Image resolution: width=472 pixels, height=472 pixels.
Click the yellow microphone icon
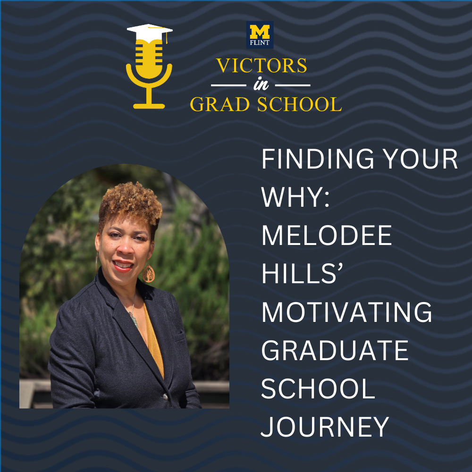pyautogui.click(x=149, y=71)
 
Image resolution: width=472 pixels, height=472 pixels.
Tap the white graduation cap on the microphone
pyautogui.click(x=150, y=32)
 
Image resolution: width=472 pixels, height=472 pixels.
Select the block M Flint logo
pyautogui.click(x=260, y=35)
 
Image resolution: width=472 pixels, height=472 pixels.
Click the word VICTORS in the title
pyautogui.click(x=261, y=66)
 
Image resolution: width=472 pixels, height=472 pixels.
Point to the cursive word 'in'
pyautogui.click(x=261, y=86)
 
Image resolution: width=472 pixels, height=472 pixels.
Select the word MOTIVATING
pyautogui.click(x=347, y=312)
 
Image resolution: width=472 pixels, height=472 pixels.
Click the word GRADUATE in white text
pyautogui.click(x=335, y=350)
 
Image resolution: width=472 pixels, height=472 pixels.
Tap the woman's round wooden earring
pyautogui.click(x=149, y=272)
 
